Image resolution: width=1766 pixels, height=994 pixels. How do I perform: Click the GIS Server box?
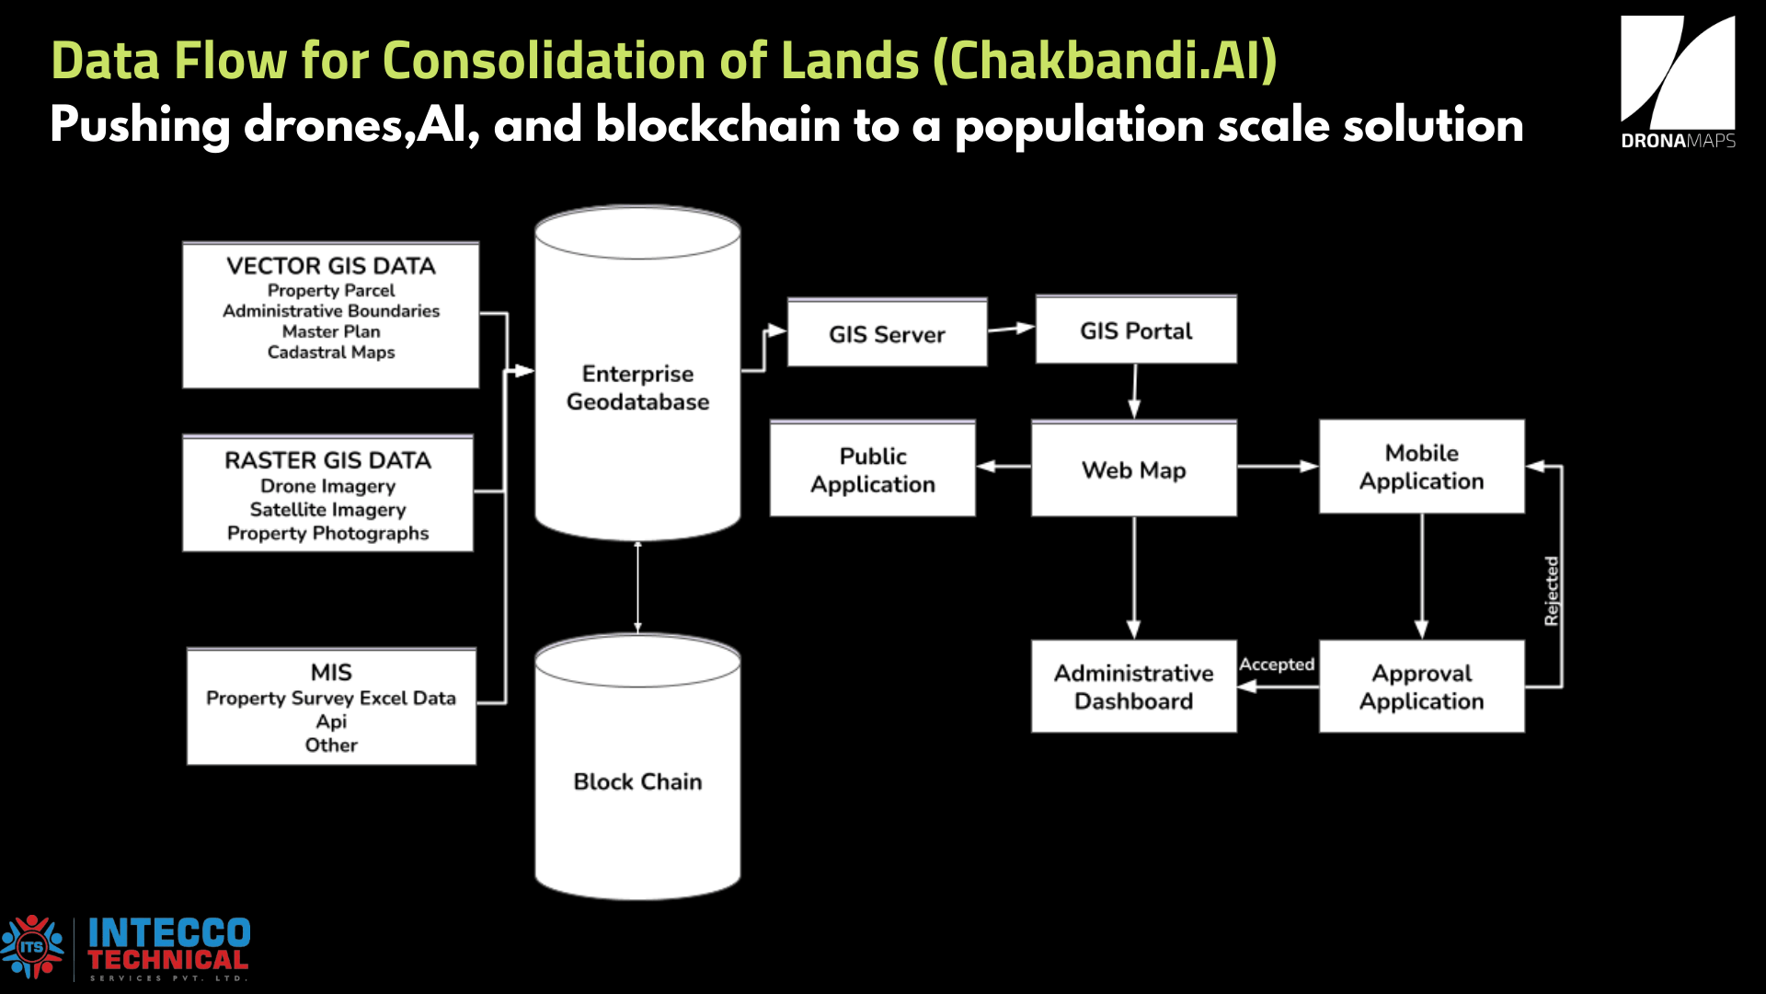point(887,333)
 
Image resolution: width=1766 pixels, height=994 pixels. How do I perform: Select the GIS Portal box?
point(1136,330)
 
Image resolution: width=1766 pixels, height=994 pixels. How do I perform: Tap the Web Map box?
point(1133,469)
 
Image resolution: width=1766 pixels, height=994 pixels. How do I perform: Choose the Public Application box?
point(872,469)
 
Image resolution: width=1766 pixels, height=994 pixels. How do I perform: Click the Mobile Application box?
point(1421,467)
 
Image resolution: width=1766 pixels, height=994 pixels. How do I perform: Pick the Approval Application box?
point(1421,687)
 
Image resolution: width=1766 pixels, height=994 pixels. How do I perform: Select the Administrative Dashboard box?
point(1133,687)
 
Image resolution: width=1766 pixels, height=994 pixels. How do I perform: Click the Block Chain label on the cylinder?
point(637,781)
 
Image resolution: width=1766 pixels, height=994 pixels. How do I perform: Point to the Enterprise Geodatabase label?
point(637,387)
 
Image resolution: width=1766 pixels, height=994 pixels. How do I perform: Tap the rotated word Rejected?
point(1552,591)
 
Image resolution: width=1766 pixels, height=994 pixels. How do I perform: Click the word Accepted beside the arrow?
point(1277,665)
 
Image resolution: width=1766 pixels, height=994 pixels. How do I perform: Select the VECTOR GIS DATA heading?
point(331,266)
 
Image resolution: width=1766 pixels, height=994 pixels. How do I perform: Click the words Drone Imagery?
point(327,486)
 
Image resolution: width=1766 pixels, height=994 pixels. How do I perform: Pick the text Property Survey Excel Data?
point(331,698)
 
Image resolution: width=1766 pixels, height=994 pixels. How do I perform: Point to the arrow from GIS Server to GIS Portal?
point(1011,329)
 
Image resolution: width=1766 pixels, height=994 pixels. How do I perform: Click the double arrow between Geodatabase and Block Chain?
point(637,587)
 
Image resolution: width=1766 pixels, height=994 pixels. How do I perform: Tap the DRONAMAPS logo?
point(1678,83)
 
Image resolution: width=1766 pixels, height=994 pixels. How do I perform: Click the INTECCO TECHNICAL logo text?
point(168,946)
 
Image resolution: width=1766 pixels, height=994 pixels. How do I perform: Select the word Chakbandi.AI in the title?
point(1105,61)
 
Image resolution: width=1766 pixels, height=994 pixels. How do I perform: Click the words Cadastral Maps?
point(331,353)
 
